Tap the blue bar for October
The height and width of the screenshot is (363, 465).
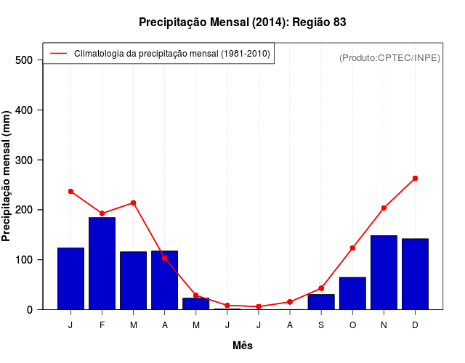click(x=352, y=293)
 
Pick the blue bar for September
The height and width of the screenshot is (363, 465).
click(x=321, y=302)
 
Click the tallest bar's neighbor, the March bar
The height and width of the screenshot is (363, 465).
click(x=134, y=280)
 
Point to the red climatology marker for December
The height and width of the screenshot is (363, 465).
click(x=415, y=178)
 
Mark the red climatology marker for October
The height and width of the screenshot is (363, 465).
click(x=352, y=248)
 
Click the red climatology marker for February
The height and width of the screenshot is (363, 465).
click(x=102, y=213)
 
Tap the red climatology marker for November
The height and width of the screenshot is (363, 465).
click(x=384, y=208)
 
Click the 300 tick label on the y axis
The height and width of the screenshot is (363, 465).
click(x=25, y=160)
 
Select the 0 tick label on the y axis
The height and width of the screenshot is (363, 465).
click(x=31, y=309)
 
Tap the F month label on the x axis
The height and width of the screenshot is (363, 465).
click(x=102, y=325)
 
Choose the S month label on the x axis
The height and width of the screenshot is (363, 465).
click(x=321, y=325)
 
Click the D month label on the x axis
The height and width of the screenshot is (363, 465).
click(x=415, y=325)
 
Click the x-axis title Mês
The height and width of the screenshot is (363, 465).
click(x=243, y=346)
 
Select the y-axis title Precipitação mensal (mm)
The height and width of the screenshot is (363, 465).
click(x=7, y=181)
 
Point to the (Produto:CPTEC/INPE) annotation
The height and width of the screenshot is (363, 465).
click(x=389, y=57)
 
